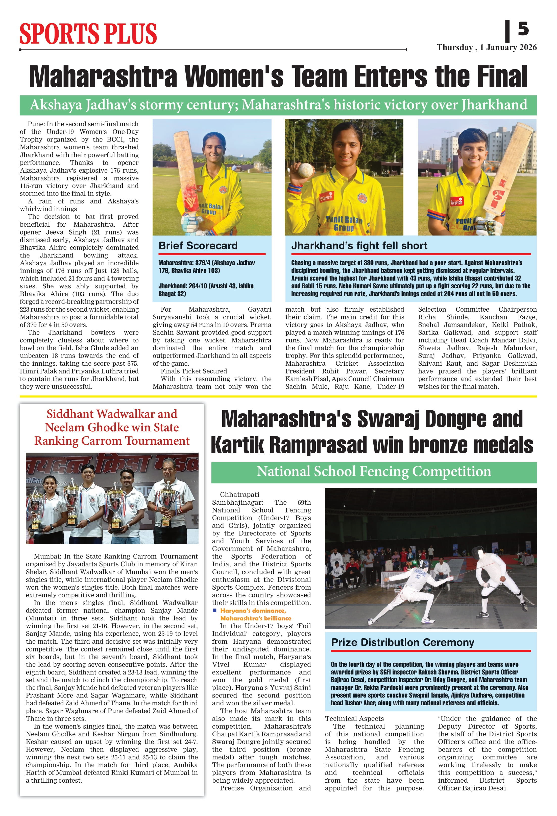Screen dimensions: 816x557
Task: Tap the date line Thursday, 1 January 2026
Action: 487,48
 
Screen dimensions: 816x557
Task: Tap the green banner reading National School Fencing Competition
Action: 374,472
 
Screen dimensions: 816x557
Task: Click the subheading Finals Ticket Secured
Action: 194,371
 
